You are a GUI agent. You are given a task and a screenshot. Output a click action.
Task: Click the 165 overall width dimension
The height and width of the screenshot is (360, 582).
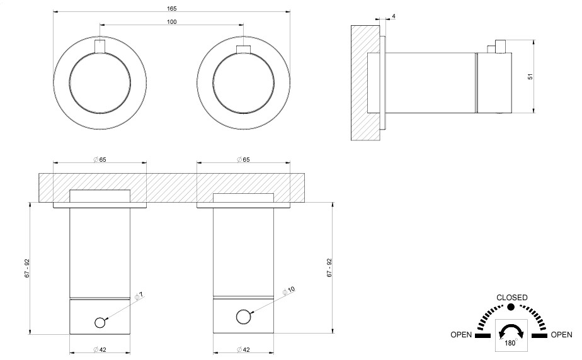tap(172, 8)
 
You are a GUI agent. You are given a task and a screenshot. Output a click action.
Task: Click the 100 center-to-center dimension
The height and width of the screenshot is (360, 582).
tap(172, 21)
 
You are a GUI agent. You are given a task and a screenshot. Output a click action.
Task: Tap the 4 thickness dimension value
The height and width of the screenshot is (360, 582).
tap(394, 16)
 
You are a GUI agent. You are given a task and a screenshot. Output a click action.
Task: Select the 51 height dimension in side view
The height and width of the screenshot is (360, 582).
tap(530, 76)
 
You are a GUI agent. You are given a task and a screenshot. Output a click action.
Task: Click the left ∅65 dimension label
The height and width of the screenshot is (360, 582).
tap(100, 159)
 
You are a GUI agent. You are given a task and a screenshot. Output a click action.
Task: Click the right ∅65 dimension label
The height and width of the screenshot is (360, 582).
tap(244, 159)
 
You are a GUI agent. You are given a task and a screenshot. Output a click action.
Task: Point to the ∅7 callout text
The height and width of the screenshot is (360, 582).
tap(139, 295)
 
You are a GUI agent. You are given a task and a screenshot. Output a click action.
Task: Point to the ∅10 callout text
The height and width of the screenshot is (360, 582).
tap(288, 290)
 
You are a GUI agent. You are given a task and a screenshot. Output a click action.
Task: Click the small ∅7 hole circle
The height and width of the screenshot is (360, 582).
tap(100, 323)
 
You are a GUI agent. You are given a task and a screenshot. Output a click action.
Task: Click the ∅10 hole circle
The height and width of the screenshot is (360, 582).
tap(243, 317)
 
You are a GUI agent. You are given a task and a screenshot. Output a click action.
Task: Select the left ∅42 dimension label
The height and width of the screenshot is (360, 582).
tap(100, 350)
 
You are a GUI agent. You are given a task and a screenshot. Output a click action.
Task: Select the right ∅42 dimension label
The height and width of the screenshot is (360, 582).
tap(244, 350)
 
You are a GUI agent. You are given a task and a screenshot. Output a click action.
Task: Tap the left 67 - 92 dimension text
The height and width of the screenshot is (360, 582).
tap(26, 268)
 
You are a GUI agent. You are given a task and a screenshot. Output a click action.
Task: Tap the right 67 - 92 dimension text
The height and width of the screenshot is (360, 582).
tap(329, 268)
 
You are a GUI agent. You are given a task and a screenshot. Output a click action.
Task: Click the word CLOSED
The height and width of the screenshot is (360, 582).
tap(512, 297)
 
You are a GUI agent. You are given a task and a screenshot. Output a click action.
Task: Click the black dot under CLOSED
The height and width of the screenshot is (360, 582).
tap(511, 307)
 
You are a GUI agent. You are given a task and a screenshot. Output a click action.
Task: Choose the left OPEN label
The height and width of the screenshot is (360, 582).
tap(461, 335)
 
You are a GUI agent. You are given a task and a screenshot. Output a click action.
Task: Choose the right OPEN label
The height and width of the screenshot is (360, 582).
tap(562, 335)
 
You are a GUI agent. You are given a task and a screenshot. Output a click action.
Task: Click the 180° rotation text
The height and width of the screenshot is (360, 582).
tap(511, 343)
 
